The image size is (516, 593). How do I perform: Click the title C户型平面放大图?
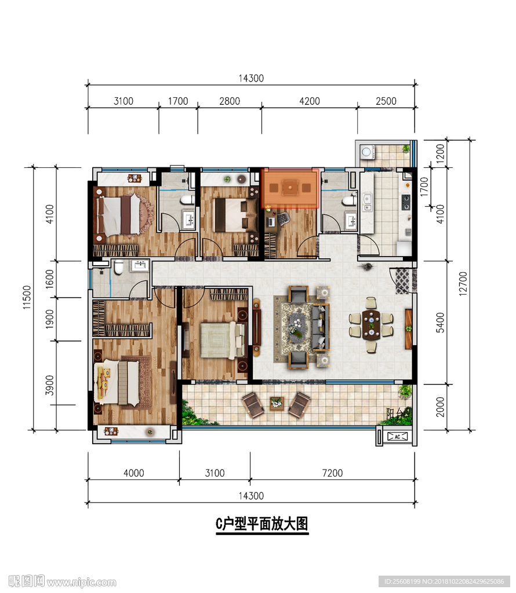262,524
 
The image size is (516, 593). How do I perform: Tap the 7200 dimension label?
332,473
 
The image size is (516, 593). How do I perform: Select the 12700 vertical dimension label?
463,284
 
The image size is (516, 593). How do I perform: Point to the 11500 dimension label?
27,297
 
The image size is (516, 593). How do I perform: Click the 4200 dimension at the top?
309,101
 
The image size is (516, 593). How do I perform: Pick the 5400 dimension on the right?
440,323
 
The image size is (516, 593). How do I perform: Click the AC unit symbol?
398,437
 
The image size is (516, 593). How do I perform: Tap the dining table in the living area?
372,325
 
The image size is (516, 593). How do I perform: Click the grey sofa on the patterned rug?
321,327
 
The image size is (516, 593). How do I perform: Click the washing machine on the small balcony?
366,152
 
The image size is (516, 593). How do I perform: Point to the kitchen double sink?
367,202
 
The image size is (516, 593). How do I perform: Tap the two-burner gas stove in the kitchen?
406,202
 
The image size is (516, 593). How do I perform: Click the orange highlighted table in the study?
290,188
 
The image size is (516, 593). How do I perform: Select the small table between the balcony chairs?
277,403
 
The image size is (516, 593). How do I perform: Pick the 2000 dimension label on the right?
440,407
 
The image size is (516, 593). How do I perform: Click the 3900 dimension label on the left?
50,385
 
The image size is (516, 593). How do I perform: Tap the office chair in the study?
283,218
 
